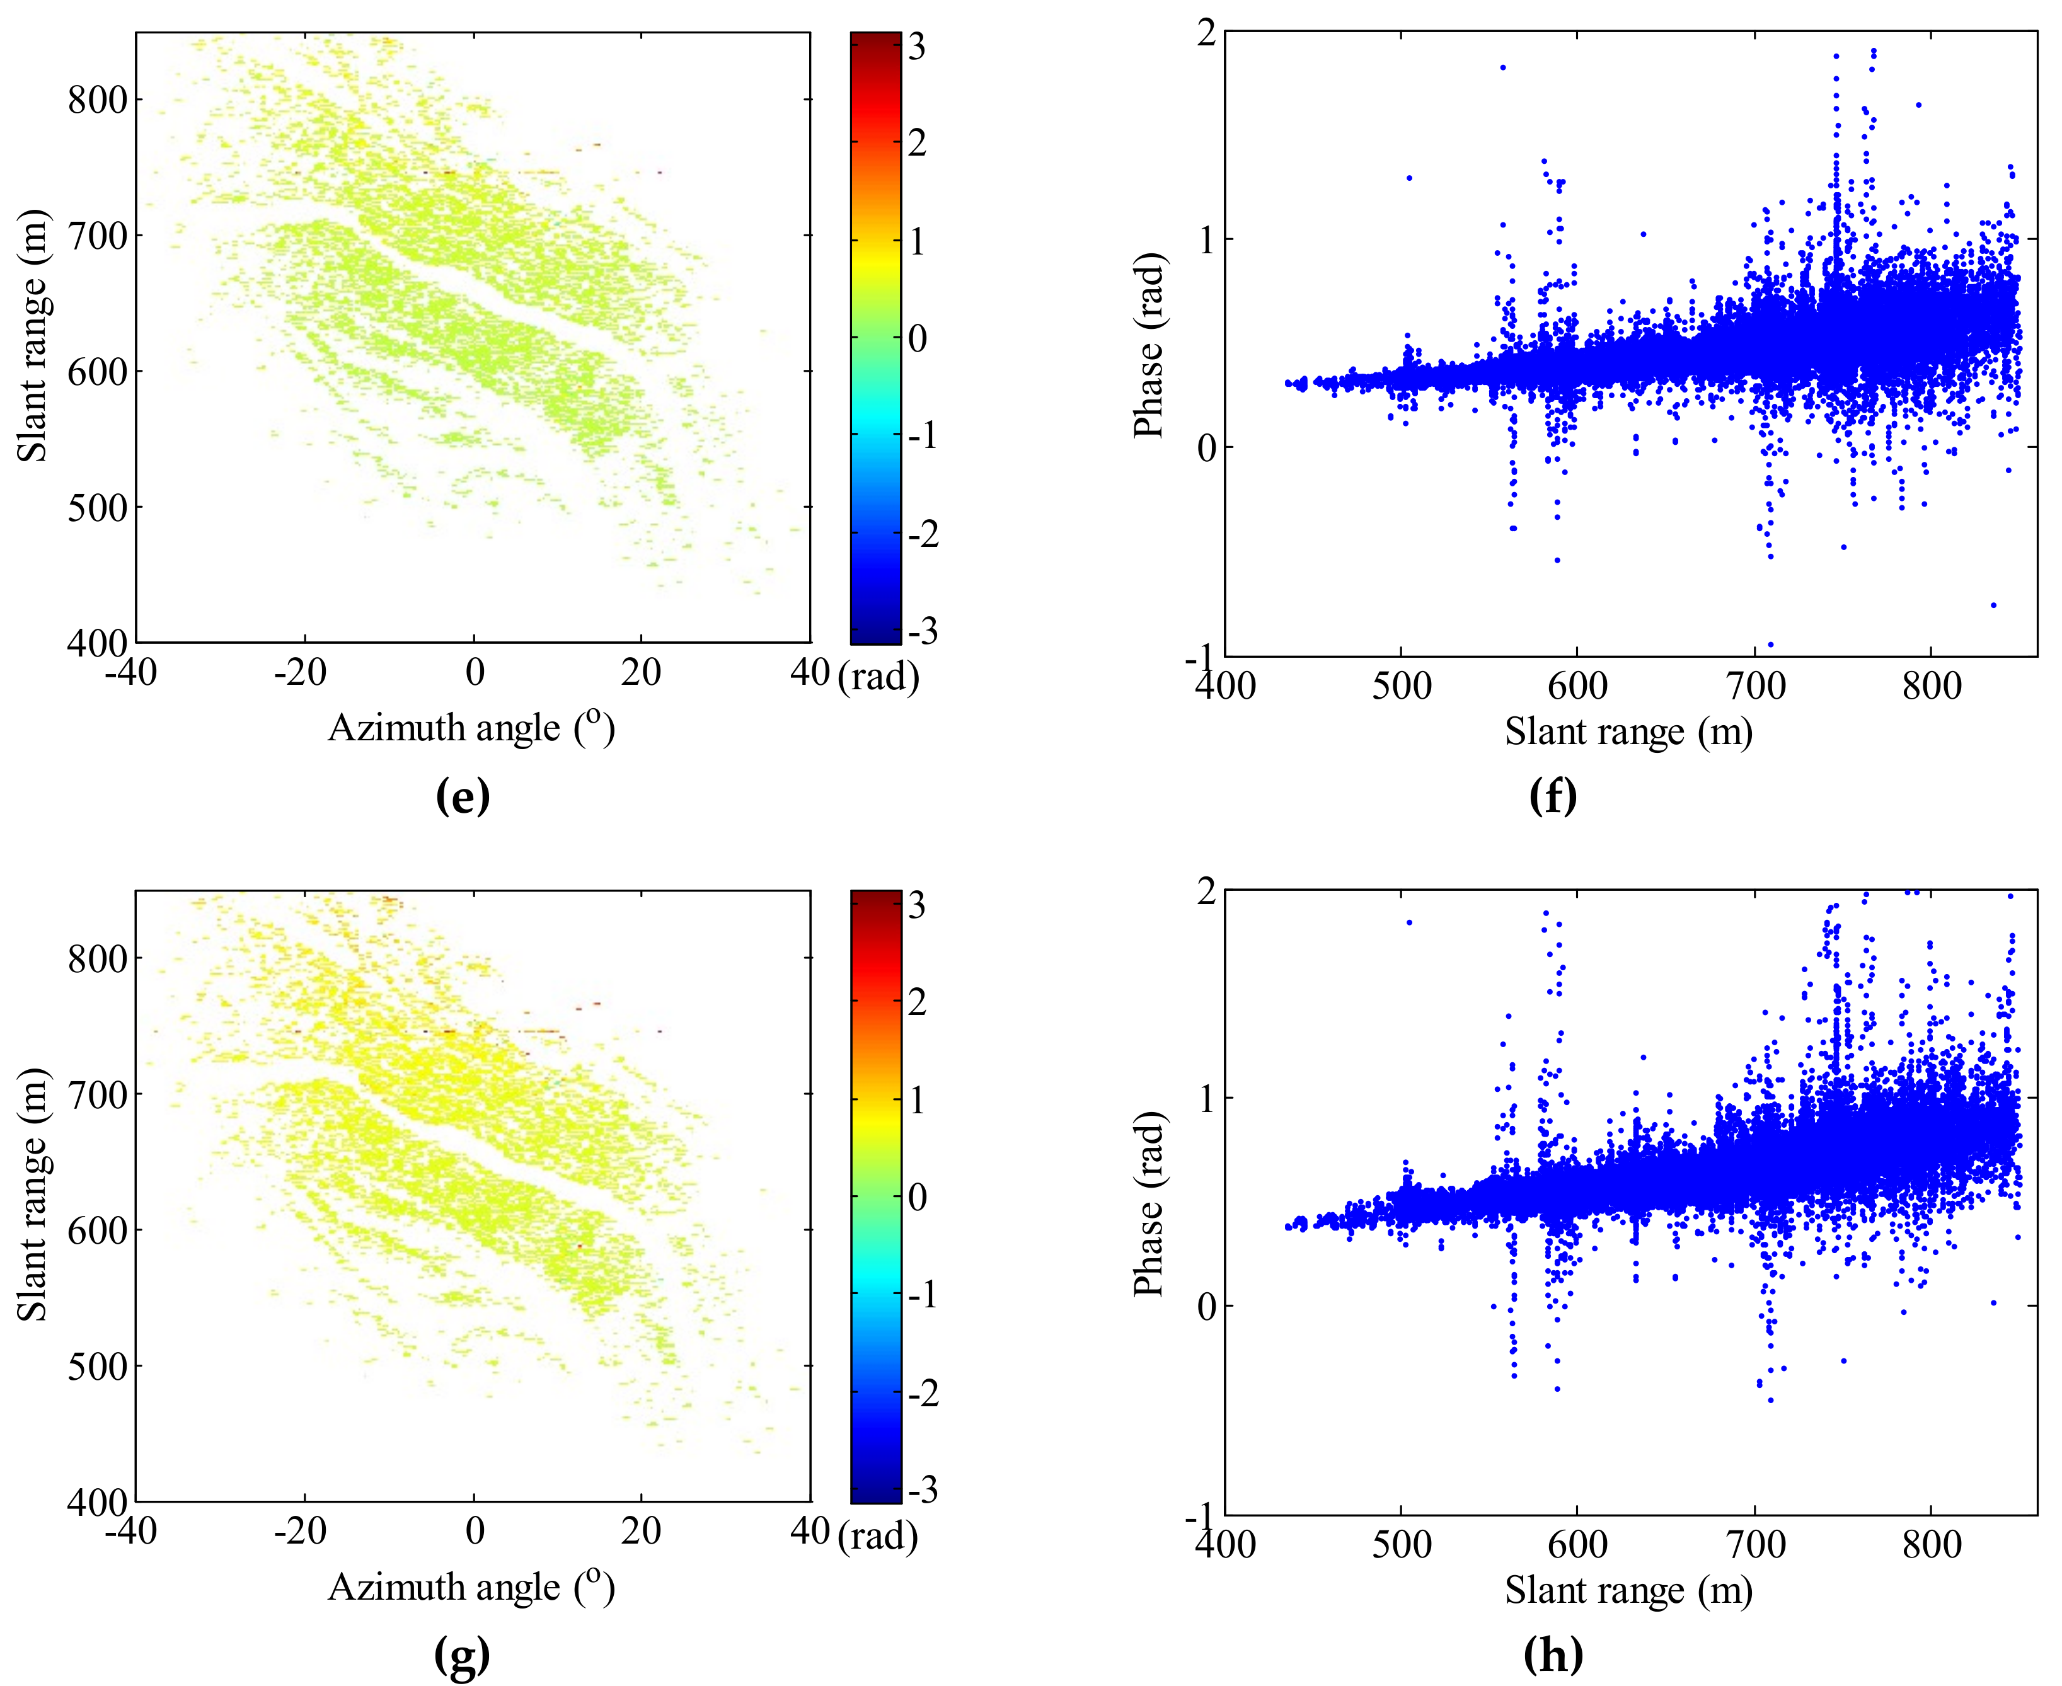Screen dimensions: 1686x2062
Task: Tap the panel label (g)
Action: pyautogui.click(x=463, y=1655)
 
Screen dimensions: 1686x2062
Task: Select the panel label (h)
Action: pyautogui.click(x=1553, y=1655)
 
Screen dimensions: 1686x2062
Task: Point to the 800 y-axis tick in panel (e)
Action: pyautogui.click(x=97, y=100)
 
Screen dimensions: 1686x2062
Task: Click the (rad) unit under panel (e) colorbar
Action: pyautogui.click(x=878, y=676)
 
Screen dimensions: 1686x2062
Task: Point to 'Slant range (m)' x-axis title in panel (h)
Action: pyautogui.click(x=1629, y=1590)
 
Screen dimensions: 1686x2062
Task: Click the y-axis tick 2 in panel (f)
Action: pyautogui.click(x=1206, y=33)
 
